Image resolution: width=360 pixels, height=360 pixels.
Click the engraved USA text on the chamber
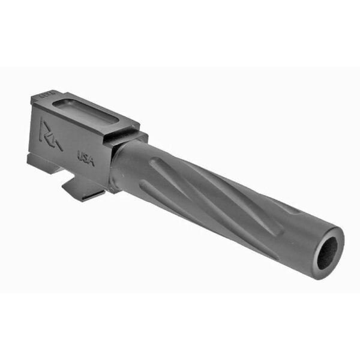click(x=85, y=157)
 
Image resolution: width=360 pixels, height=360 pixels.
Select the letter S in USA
click(x=85, y=157)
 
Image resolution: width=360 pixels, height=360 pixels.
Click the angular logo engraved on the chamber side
click(x=46, y=133)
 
